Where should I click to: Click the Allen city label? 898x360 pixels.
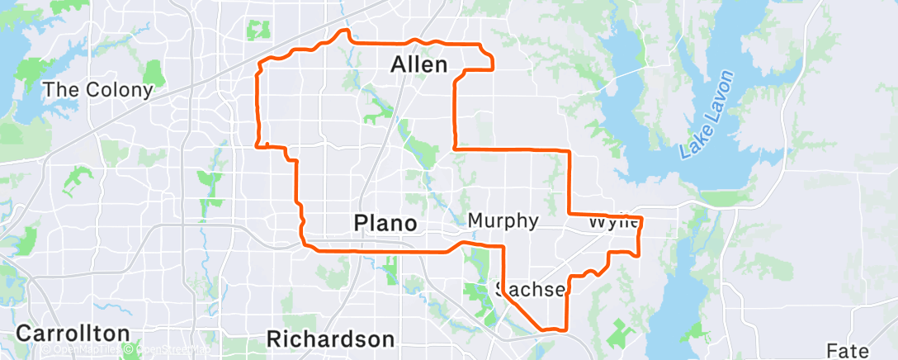tap(419, 64)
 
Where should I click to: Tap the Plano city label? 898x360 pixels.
tap(385, 223)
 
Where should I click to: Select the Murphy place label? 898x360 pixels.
tap(503, 220)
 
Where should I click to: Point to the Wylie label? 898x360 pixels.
tap(614, 223)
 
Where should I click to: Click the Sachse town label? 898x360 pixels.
tap(531, 289)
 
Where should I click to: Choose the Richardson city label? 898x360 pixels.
tap(330, 339)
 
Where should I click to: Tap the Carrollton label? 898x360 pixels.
tap(73, 334)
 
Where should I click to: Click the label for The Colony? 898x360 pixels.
tap(97, 90)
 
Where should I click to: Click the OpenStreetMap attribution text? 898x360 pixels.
tap(169, 349)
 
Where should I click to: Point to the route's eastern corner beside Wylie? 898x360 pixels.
tap(641, 220)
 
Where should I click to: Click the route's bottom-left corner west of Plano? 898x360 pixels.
tap(306, 245)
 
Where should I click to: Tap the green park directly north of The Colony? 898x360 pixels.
tap(154, 73)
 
